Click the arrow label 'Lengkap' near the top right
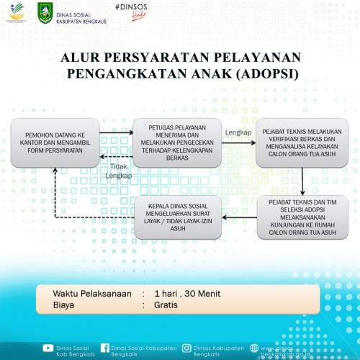click(238, 133)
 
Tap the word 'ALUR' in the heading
click(80, 57)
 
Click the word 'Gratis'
click(166, 305)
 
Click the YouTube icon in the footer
click(48, 348)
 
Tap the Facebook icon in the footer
click(105, 348)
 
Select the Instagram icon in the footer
click(186, 348)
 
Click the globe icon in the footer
click(254, 348)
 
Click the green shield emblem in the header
click(44, 12)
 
